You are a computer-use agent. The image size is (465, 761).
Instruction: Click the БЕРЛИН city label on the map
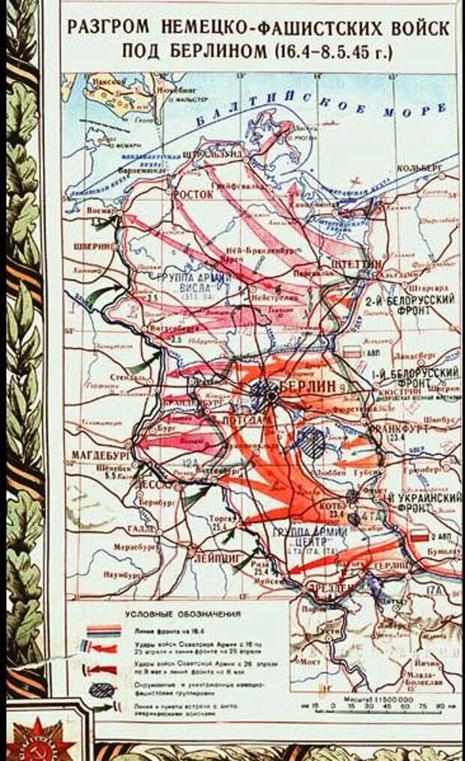pos(308,386)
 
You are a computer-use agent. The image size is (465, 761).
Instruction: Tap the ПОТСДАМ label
pos(246,420)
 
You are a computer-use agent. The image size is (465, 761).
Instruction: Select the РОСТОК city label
pos(193,194)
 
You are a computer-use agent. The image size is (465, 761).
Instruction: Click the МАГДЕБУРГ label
pos(102,455)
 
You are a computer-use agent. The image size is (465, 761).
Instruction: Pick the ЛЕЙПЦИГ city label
pos(218,558)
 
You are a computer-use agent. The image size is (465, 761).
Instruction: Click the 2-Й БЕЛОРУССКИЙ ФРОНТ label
pos(411,305)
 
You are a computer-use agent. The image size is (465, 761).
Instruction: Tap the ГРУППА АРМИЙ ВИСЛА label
pos(187,281)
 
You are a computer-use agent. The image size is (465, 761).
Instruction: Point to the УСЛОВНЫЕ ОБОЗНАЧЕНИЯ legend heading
pos(182,615)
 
